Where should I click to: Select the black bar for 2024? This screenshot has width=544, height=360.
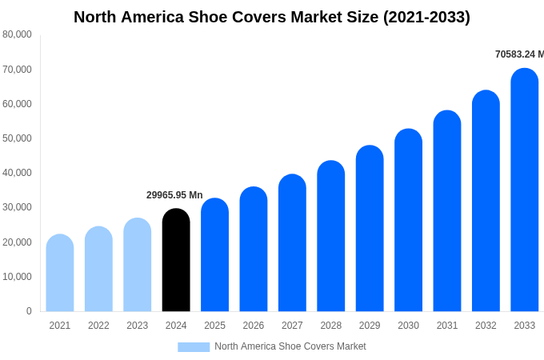pyautogui.click(x=176, y=260)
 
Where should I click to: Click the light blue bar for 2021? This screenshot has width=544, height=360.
pyautogui.click(x=60, y=273)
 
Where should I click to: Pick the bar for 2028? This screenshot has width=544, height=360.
pyautogui.click(x=331, y=236)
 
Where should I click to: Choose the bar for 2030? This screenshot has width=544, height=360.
pyautogui.click(x=409, y=220)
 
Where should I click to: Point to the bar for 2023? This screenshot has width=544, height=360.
pyautogui.click(x=138, y=265)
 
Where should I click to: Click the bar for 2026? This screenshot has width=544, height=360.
pyautogui.click(x=254, y=249)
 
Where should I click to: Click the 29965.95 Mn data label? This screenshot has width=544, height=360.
pyautogui.click(x=174, y=195)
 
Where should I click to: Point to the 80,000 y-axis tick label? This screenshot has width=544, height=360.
pyautogui.click(x=17, y=34)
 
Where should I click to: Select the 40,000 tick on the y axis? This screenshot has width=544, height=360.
pyautogui.click(x=17, y=173)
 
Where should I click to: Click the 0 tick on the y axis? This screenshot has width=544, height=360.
pyautogui.click(x=29, y=311)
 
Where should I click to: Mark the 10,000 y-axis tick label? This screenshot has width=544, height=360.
pyautogui.click(x=17, y=277)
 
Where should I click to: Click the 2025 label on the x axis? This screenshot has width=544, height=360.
pyautogui.click(x=214, y=326)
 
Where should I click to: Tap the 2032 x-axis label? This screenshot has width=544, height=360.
pyautogui.click(x=486, y=326)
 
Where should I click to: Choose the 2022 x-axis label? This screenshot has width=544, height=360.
pyautogui.click(x=98, y=326)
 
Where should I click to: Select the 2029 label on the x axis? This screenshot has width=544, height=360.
pyautogui.click(x=370, y=326)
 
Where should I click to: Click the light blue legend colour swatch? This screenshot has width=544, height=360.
pyautogui.click(x=194, y=347)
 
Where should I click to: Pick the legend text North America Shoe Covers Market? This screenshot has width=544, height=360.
pyautogui.click(x=290, y=346)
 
